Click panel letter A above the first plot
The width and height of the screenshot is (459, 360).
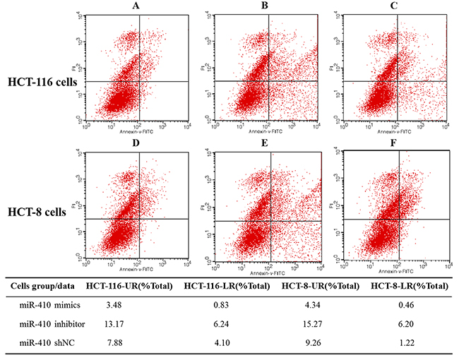[x=135, y=7]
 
